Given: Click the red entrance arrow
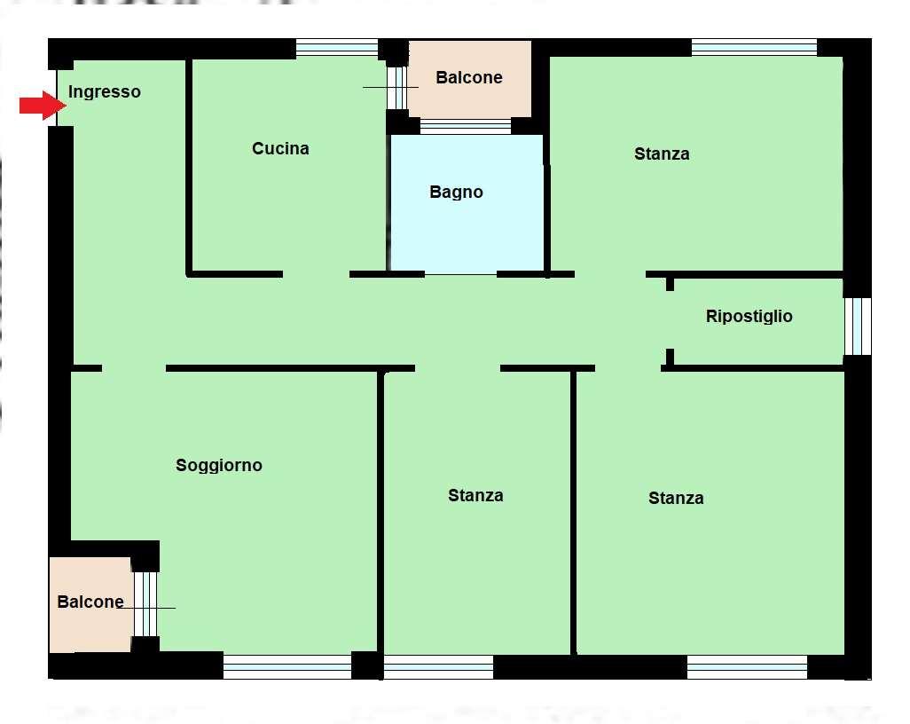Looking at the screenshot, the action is click(43, 105).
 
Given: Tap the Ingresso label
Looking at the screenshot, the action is click(105, 91).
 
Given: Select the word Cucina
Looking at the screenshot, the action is click(280, 149).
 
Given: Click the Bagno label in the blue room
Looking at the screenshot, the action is click(456, 193).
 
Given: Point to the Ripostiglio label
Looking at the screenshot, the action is click(749, 316).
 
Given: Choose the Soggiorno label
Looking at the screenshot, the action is click(219, 466).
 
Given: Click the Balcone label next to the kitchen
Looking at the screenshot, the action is click(469, 77).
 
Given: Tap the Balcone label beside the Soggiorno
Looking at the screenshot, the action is click(90, 602).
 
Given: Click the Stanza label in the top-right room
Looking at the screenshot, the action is click(662, 153).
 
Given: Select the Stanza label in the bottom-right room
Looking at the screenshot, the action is click(676, 498).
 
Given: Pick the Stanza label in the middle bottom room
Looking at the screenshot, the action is click(475, 495).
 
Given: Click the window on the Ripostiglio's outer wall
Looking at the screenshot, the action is click(858, 327).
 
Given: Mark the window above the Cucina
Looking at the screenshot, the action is click(337, 48).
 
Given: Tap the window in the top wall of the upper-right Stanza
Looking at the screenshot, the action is click(755, 47).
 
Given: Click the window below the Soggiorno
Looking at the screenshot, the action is click(287, 667).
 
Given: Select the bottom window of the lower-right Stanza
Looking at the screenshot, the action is click(748, 667).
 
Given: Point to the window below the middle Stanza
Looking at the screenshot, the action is click(439, 667).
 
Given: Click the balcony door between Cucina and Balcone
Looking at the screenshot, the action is click(397, 88).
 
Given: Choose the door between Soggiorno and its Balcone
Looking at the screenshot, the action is click(145, 604).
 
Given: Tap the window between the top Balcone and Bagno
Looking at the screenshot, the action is click(466, 126).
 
